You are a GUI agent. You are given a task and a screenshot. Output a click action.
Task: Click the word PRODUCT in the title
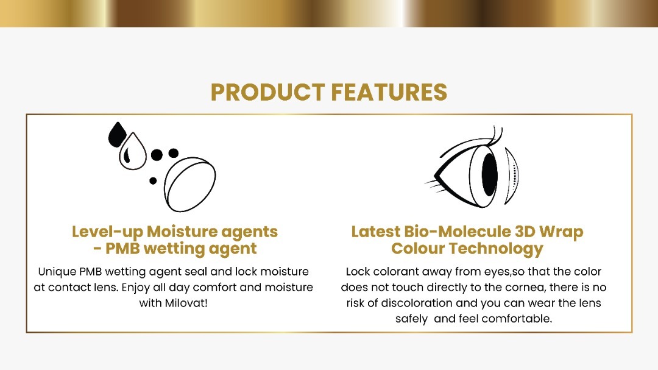pos(267,93)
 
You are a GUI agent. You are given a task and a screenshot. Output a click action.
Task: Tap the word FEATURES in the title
pos(389,93)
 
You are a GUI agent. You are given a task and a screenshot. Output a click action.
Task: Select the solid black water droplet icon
pos(116,134)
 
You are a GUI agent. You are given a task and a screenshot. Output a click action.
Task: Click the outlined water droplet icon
pos(133,151)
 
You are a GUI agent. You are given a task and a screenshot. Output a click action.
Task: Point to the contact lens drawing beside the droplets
pos(189,184)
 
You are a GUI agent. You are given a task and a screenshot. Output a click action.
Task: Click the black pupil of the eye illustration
pos(489,174)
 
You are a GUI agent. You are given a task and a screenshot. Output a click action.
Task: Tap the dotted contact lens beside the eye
pos(512,176)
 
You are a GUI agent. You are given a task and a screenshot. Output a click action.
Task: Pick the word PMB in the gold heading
pos(122,249)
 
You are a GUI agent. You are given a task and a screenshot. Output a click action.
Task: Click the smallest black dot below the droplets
pos(153,180)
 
